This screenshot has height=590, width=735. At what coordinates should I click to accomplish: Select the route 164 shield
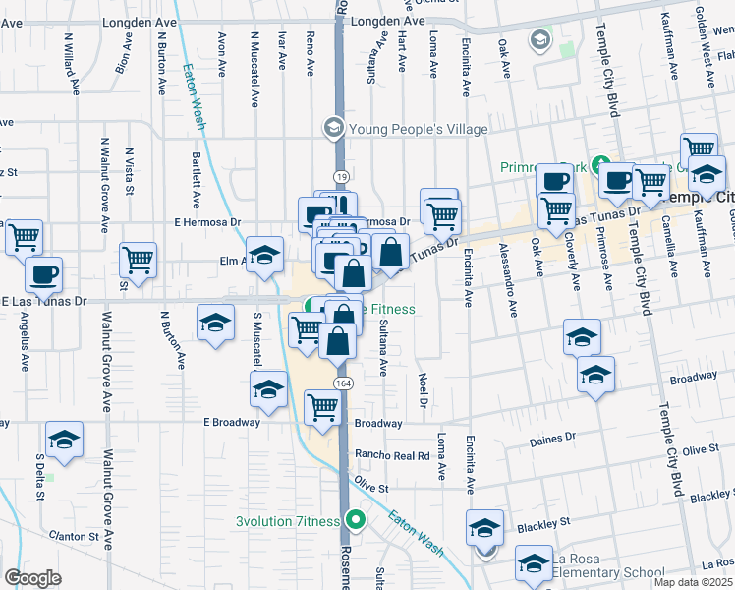340,381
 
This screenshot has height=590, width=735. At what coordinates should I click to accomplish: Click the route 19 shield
340,175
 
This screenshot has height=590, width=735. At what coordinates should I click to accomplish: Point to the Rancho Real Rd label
392,456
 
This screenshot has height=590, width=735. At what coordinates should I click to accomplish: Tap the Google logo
32,578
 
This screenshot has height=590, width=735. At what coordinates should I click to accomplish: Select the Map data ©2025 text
693,582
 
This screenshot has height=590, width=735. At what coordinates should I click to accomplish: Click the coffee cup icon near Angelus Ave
43,274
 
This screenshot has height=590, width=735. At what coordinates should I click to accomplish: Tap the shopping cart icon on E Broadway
322,407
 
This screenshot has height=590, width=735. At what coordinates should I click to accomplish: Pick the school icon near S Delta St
64,440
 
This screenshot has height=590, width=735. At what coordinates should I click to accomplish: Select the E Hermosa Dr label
207,222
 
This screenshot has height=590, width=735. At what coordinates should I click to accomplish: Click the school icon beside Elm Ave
263,255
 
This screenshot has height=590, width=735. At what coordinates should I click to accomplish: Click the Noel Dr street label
423,389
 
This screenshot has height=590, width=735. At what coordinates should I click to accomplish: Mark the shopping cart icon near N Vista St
138,260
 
